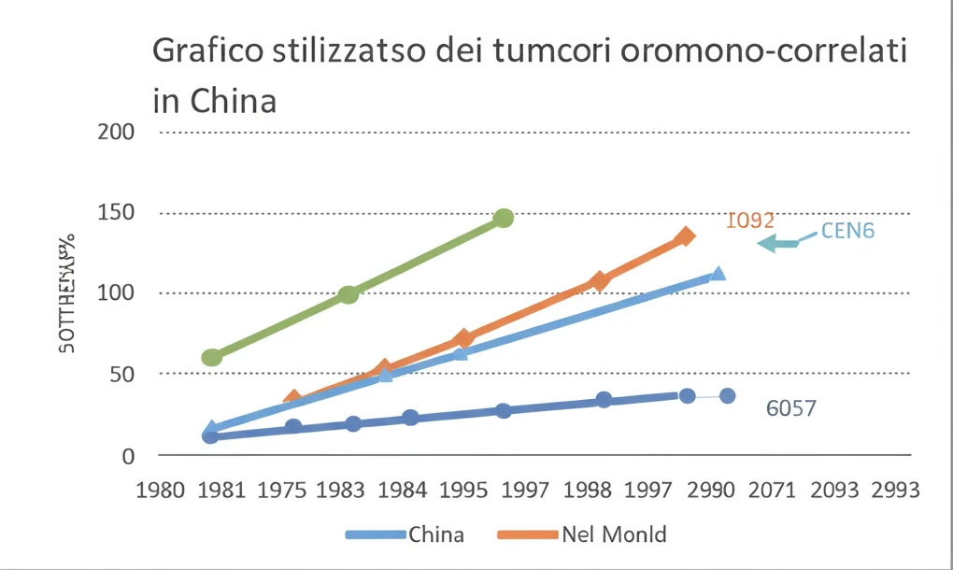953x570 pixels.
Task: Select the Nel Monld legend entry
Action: (582, 534)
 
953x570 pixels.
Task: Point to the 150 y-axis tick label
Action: (116, 212)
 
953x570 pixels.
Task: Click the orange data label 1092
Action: (750, 221)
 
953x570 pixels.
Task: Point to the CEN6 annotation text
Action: (847, 231)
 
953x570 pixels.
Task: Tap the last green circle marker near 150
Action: (504, 218)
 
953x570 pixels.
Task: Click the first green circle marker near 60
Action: (212, 357)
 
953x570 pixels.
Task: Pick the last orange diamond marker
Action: (686, 236)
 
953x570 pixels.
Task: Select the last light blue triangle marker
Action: (718, 275)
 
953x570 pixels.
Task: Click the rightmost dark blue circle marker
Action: (727, 396)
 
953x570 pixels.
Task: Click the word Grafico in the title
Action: (209, 51)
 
